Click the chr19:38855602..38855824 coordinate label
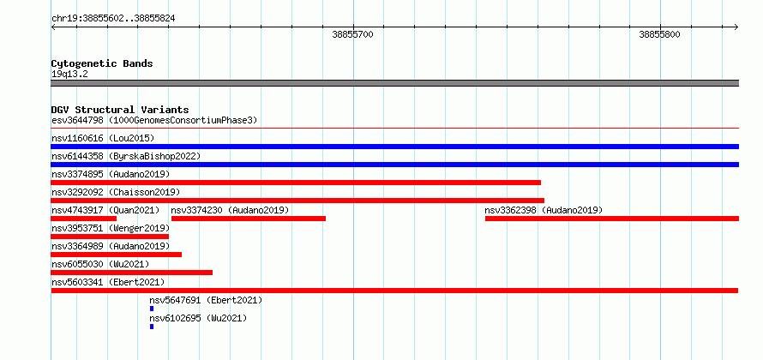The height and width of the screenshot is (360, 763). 113,19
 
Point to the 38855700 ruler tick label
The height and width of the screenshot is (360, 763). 353,34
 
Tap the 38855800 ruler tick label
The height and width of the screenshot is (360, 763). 659,34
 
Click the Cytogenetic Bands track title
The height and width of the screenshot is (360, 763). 102,63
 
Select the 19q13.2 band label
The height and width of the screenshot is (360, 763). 69,75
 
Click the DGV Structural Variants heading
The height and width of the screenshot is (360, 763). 120,110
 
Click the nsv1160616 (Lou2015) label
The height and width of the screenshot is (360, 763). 103,138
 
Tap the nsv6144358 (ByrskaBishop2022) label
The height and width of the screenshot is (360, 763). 126,156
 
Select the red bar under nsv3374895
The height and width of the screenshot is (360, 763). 296,183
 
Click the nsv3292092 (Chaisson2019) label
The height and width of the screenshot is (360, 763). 116,192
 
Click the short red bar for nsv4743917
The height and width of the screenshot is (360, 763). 84,219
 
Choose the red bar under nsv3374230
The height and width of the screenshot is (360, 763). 249,219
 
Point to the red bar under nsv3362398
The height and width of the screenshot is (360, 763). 612,219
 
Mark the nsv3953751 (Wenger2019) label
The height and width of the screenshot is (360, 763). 111,228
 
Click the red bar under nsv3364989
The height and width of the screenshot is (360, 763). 117,255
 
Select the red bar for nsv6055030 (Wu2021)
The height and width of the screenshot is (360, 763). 132,273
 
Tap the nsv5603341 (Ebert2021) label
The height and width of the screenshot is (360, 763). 108,282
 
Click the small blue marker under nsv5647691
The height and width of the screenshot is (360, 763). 152,309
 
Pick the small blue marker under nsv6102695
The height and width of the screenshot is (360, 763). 152,327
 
